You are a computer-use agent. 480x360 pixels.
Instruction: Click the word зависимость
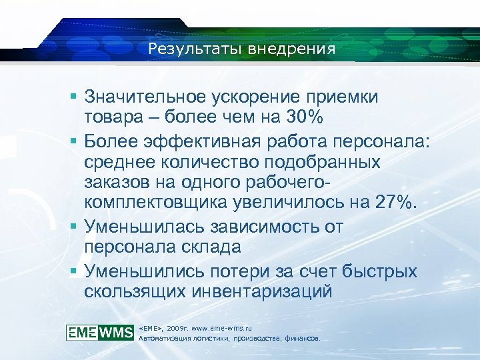coord(266,227)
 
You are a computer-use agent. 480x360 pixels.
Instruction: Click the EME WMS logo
coord(100,332)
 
